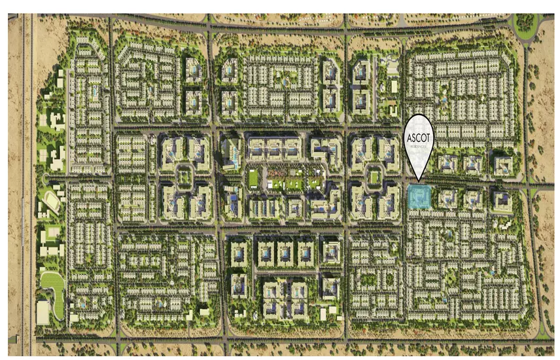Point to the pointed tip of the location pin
(418, 178)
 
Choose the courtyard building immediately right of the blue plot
(448, 198)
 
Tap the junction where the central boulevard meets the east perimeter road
(529, 187)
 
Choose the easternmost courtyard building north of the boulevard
(503, 164)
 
